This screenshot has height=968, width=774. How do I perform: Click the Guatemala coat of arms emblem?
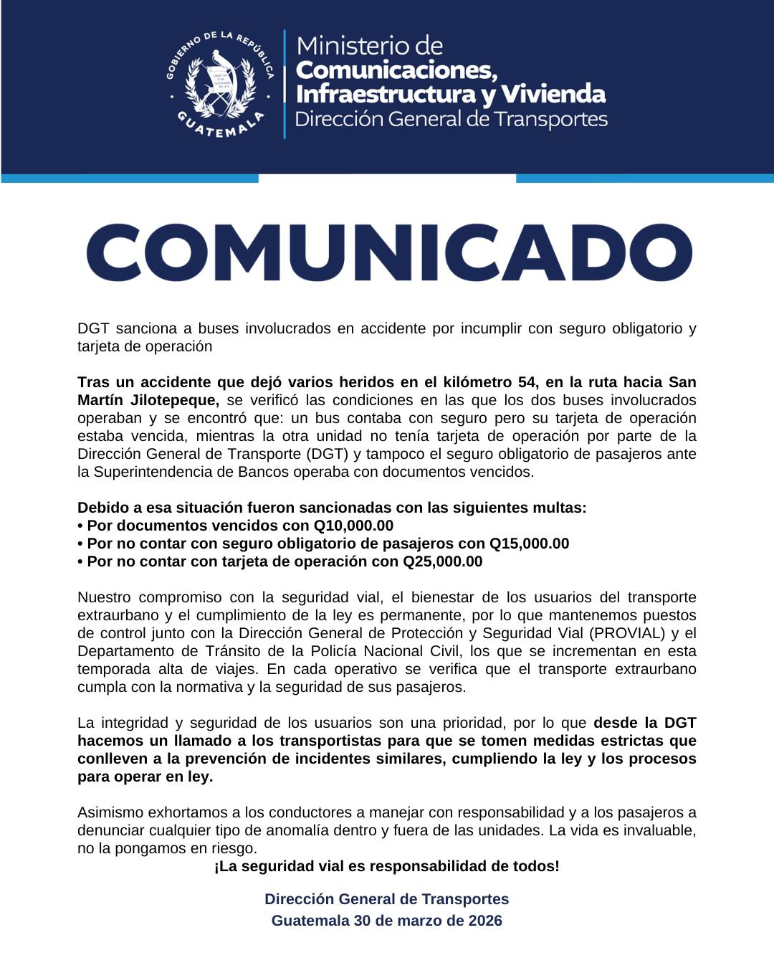219,85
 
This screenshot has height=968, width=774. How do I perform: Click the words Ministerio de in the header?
370,46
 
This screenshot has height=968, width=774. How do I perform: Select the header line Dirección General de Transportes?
451,119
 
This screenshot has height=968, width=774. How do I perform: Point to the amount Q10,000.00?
353,526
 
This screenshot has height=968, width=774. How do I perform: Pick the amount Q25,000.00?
442,561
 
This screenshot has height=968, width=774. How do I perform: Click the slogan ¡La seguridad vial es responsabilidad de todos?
387,866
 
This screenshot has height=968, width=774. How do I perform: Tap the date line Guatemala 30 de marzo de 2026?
387,921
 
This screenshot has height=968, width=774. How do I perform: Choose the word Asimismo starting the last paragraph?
110,812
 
